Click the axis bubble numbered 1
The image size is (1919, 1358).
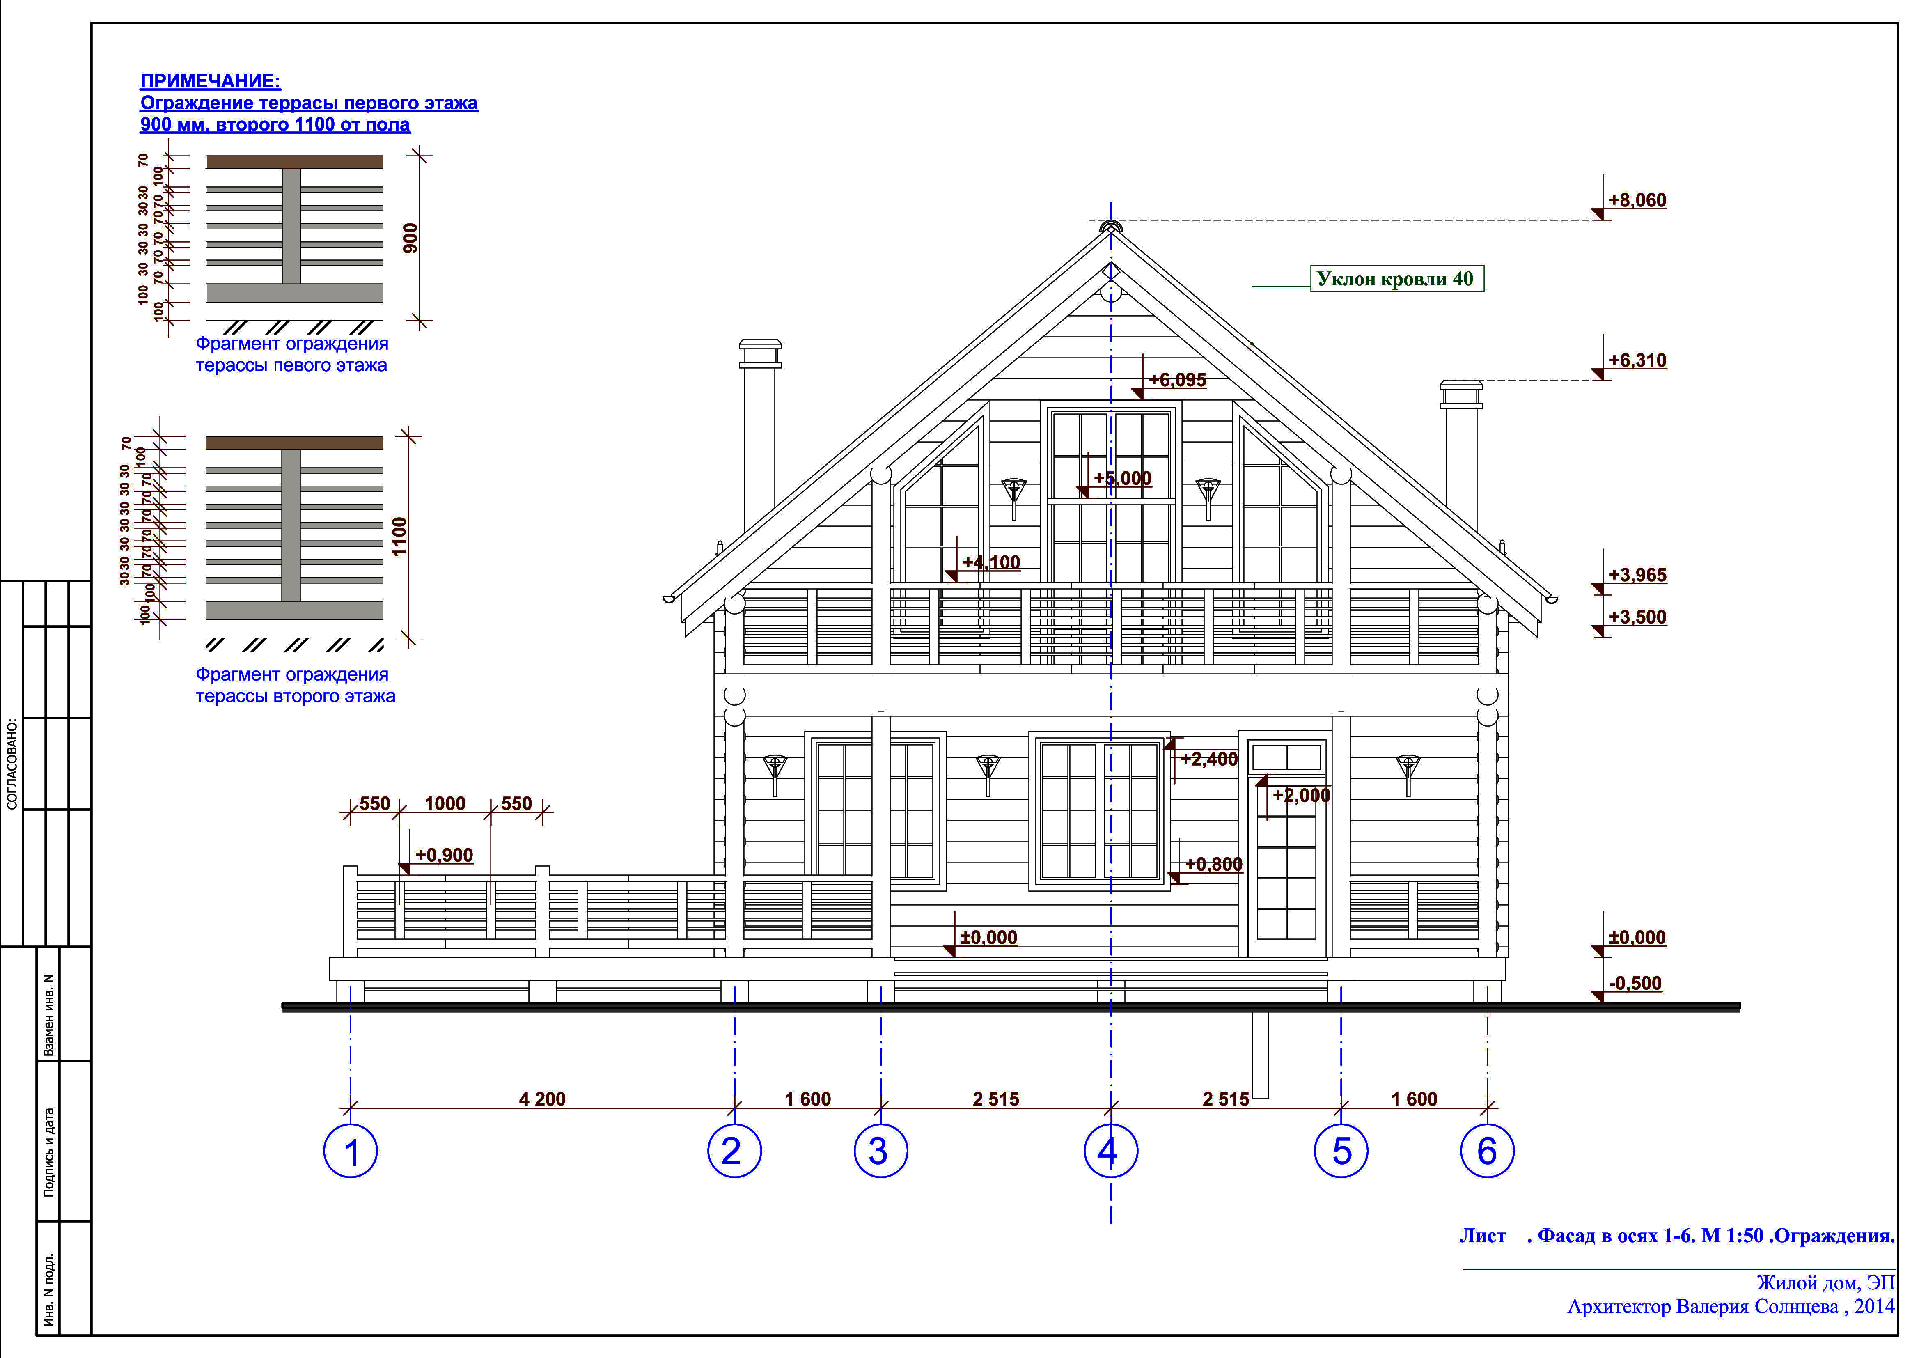coord(351,1152)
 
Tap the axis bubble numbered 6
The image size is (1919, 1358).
coord(1487,1152)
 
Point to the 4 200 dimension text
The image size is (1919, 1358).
coord(542,1099)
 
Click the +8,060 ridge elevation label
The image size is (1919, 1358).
coord(1637,201)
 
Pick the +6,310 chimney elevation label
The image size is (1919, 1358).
coord(1637,360)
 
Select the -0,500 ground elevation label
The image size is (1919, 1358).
coord(1635,983)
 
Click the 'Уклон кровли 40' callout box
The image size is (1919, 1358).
coord(1396,279)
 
